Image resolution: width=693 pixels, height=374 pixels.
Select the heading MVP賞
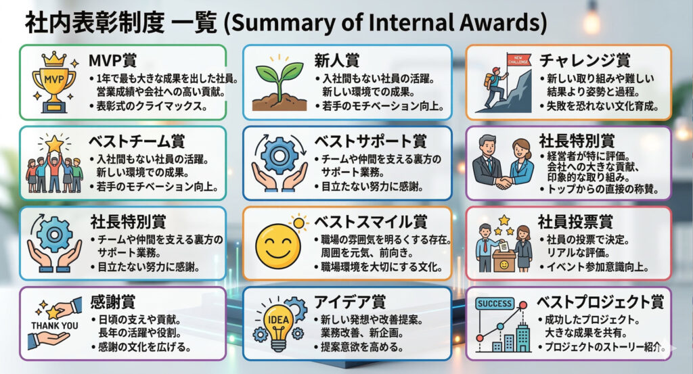pyautogui.click(x=113, y=60)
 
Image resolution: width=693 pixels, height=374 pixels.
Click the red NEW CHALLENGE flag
pyautogui.click(x=518, y=60)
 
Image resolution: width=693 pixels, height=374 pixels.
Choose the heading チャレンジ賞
pyautogui.click(x=584, y=60)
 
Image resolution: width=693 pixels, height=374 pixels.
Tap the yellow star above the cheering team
pyautogui.click(x=54, y=144)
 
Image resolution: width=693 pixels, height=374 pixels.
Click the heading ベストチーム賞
pyautogui.click(x=137, y=141)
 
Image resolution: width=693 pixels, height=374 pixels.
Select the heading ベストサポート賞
pyautogui.click(x=370, y=141)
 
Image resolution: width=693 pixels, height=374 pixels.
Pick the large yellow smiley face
pyautogui.click(x=278, y=246)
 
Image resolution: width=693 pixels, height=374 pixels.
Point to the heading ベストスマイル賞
pyautogui.click(x=370, y=222)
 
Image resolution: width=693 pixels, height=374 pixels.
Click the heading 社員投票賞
pyautogui.click(x=575, y=222)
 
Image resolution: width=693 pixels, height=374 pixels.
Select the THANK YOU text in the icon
pyautogui.click(x=54, y=326)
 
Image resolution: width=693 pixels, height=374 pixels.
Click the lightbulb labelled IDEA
pyautogui.click(x=278, y=327)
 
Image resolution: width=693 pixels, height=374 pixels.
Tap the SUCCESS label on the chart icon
pyautogui.click(x=495, y=304)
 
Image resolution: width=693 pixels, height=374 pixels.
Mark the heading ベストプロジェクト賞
pyautogui.click(x=600, y=302)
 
